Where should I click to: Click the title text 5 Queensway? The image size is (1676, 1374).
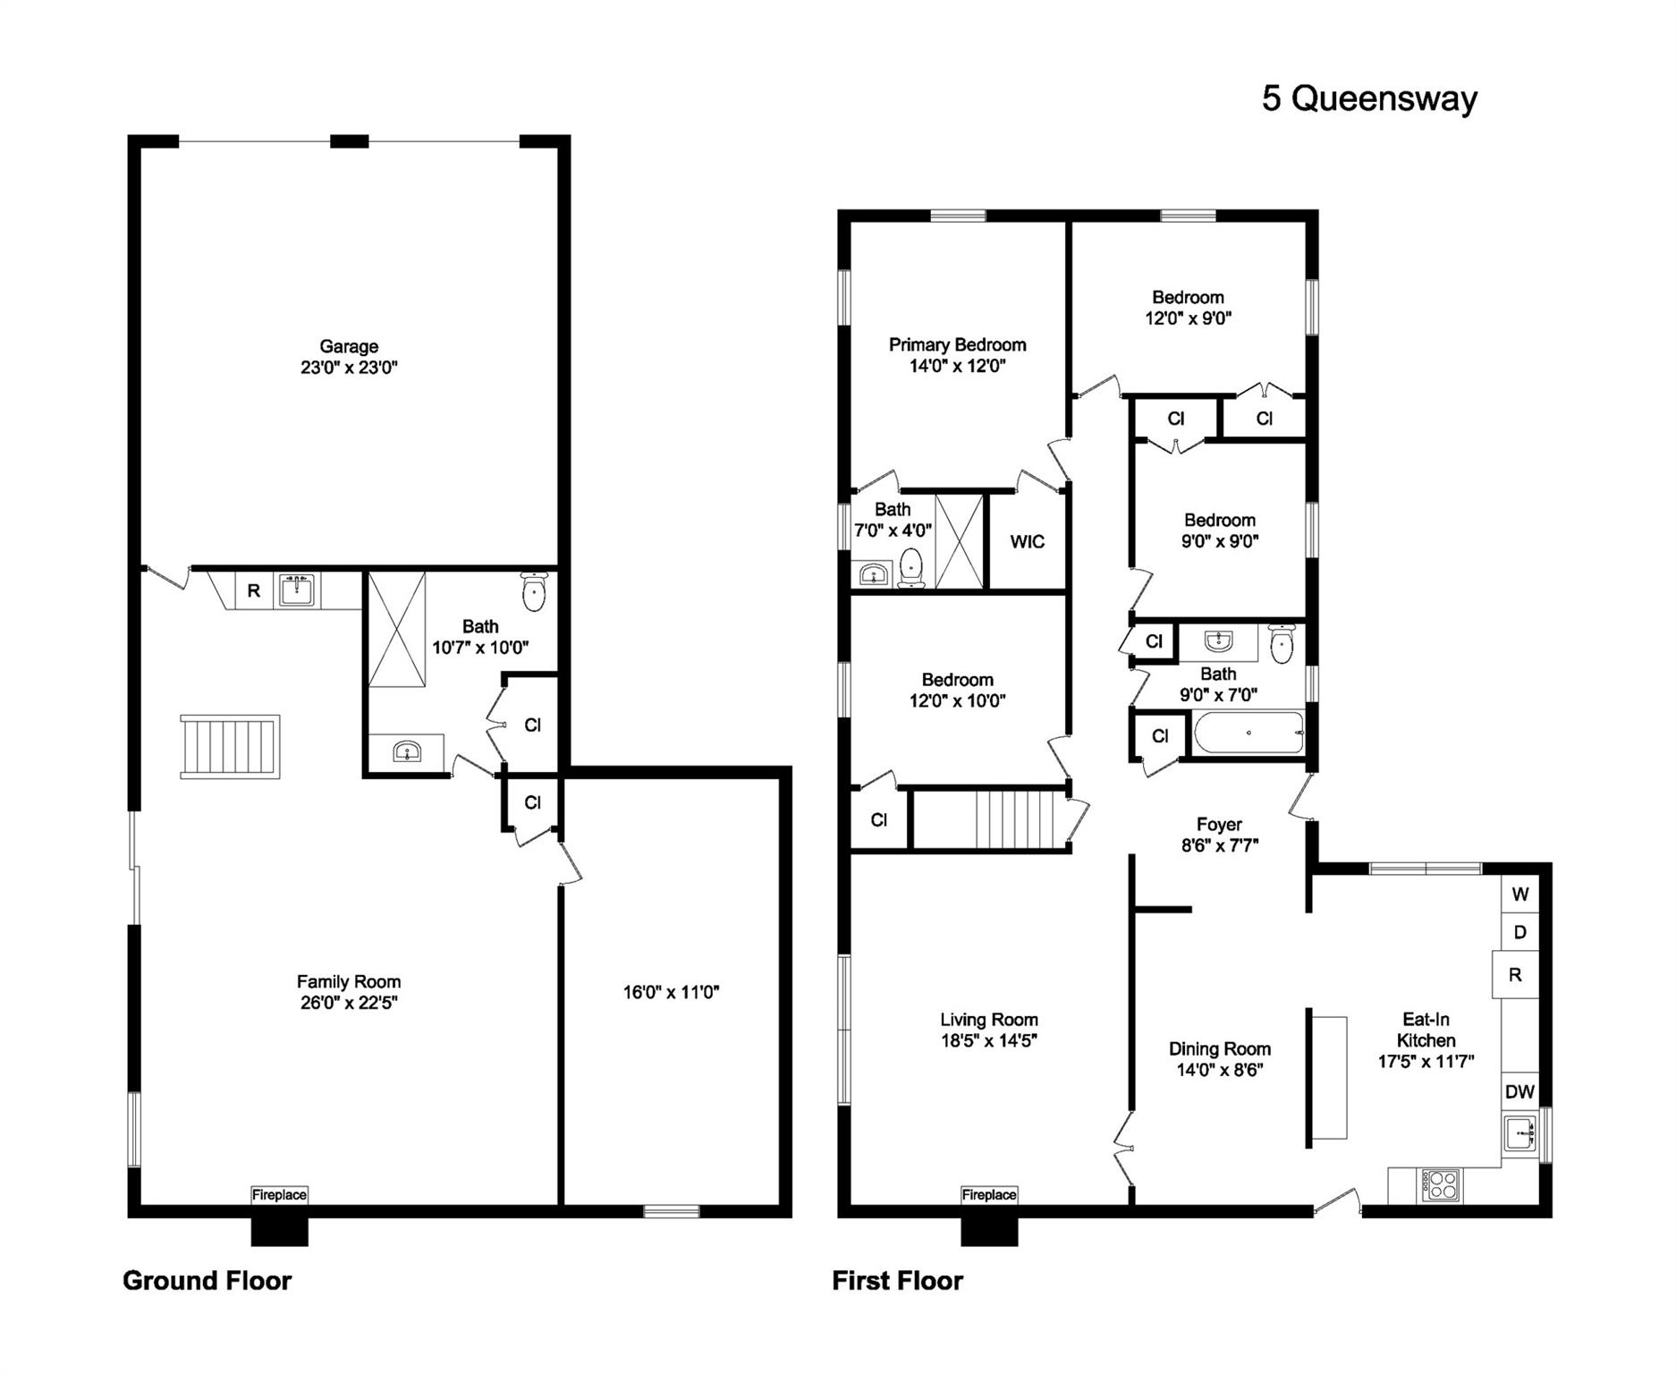click(x=1369, y=98)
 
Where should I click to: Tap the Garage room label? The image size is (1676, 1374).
click(x=349, y=346)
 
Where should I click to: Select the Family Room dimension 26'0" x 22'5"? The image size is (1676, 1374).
click(x=349, y=1003)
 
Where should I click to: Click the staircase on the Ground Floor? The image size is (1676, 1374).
click(x=230, y=746)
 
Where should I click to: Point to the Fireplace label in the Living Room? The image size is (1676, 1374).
click(x=989, y=1194)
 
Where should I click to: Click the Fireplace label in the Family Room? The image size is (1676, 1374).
click(x=279, y=1194)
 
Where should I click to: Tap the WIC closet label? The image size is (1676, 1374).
click(x=1027, y=541)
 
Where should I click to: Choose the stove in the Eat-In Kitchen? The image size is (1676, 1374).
click(x=1441, y=1185)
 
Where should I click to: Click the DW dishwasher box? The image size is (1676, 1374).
click(x=1519, y=1091)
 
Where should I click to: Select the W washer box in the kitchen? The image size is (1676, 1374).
click(x=1520, y=894)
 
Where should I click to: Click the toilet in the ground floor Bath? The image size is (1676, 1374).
click(x=533, y=592)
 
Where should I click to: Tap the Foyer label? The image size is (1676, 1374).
click(x=1219, y=825)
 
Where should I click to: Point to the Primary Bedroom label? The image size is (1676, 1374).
click(x=957, y=345)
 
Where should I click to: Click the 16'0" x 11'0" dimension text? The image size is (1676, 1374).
click(x=671, y=991)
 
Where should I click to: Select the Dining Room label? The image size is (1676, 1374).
click(x=1219, y=1048)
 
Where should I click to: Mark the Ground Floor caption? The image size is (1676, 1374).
click(x=207, y=1280)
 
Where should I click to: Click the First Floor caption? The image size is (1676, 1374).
click(x=898, y=1280)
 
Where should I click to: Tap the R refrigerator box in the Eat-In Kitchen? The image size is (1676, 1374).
click(x=1515, y=974)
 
